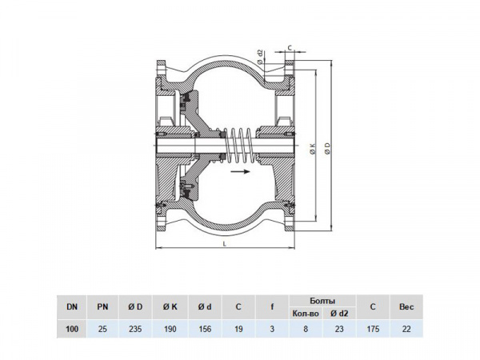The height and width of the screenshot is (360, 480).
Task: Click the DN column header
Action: click(73, 306)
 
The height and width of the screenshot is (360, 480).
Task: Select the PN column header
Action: click(102, 306)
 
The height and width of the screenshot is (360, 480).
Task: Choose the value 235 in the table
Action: click(136, 328)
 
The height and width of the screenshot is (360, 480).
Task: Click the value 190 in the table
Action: click(170, 328)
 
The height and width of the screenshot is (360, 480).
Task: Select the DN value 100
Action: click(73, 328)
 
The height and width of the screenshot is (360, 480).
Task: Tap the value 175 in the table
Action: click(371, 328)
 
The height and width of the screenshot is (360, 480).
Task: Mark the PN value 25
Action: click(102, 328)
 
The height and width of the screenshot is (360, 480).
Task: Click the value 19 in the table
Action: click(238, 328)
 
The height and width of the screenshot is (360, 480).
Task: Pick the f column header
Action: click(272, 306)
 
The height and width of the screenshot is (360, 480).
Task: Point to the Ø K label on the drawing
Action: click(311, 147)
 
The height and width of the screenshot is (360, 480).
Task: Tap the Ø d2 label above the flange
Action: click(261, 55)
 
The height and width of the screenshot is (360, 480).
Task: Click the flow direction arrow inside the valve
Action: click(238, 170)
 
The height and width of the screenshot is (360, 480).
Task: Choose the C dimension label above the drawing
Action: click(288, 46)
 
